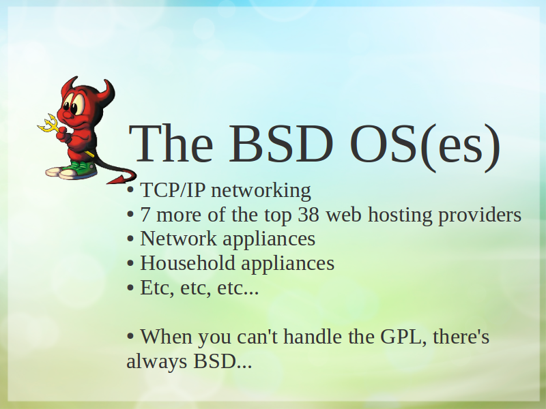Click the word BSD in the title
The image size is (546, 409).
tap(281, 143)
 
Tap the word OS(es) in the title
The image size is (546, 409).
tap(425, 146)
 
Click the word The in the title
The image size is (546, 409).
tap(171, 143)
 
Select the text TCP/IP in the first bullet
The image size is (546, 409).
tap(173, 190)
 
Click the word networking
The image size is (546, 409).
tap(261, 192)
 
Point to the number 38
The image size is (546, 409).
tap(308, 215)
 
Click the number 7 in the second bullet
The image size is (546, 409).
tap(145, 215)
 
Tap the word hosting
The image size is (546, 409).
tap(400, 215)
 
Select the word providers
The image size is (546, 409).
tap(480, 215)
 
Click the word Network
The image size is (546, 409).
tap(178, 239)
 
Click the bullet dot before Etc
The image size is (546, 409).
tap(130, 288)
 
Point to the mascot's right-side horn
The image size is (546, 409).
tap(106, 91)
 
